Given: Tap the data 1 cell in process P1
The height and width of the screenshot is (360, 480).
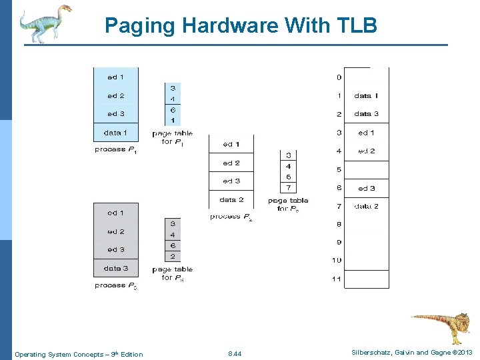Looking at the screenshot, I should coord(116,132).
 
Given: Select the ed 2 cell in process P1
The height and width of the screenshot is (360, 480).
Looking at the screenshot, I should coord(116,95).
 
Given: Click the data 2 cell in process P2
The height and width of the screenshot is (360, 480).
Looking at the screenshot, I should coord(231,199).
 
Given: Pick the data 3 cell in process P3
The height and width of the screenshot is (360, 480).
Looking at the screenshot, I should coord(116,268).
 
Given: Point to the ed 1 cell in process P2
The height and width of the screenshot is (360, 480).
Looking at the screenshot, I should coord(231,144).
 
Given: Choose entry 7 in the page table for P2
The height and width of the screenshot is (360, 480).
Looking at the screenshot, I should coord(288,187).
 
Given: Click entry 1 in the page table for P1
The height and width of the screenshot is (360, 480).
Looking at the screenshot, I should coord(173,120).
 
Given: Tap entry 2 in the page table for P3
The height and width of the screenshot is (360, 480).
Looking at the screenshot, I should coord(173,256).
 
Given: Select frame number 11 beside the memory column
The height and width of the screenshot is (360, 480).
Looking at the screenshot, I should coord(337,279).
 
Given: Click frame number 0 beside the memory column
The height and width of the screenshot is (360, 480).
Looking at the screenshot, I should coord(339,77).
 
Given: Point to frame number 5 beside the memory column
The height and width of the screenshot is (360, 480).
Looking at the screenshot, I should coord(339,169).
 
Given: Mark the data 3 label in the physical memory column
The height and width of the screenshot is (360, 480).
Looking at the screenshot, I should coord(366,114).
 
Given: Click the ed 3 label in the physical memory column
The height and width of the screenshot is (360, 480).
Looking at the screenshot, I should coord(366,188).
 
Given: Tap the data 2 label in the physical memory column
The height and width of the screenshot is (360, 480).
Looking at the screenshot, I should coord(366,206).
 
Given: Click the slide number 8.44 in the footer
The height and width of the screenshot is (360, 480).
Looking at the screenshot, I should coord(235,354).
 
